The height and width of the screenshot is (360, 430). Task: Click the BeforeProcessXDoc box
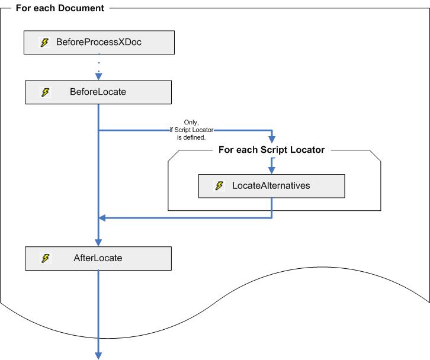(x=99, y=43)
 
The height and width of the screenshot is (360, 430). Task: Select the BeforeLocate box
(x=98, y=92)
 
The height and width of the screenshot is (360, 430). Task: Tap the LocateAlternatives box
(x=271, y=186)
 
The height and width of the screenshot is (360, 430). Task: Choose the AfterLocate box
(x=98, y=258)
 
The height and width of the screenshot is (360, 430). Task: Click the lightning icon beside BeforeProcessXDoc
(x=44, y=43)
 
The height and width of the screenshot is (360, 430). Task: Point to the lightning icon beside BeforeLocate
(x=44, y=92)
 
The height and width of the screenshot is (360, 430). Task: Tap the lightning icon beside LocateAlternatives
(x=219, y=186)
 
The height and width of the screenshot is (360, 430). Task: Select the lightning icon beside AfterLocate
(x=44, y=258)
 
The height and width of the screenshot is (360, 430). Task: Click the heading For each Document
(x=60, y=8)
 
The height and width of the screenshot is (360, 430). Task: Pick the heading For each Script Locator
(x=271, y=150)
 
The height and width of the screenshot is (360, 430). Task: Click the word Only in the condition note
(x=191, y=122)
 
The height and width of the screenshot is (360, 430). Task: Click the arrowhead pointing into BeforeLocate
(x=98, y=76)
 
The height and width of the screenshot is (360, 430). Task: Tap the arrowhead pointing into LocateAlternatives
(x=272, y=170)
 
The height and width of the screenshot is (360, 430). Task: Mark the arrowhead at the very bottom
(x=98, y=355)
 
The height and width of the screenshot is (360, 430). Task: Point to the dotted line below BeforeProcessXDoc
(x=98, y=62)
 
